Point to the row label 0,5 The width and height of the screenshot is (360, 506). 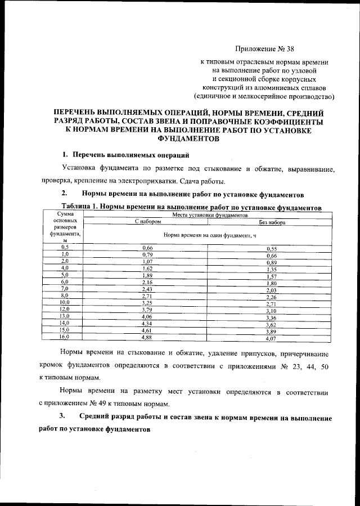65,247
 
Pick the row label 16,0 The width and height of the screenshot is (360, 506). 64,337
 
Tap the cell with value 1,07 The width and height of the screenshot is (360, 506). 147,262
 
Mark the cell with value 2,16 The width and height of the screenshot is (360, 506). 147,282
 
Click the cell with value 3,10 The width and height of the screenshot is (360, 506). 272,311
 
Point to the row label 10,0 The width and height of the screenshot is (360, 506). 64,302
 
